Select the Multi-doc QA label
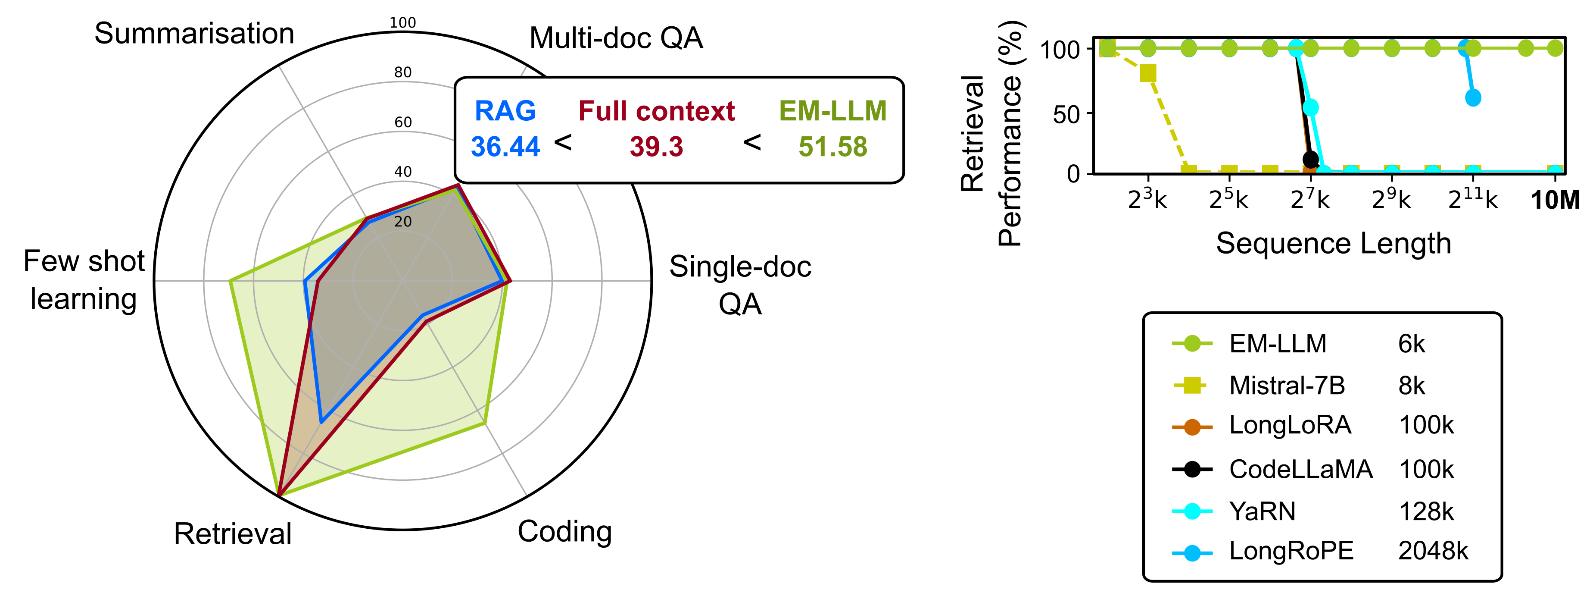coord(616,38)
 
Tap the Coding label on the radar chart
coord(564,532)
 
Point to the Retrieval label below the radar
coord(233,533)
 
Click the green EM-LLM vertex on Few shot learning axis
coord(230,282)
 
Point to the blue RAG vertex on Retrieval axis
coord(321,422)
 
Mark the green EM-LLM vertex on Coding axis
coord(484,423)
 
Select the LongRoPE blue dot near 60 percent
coord(1473,98)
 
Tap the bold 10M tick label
coord(1555,201)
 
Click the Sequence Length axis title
coord(1333,243)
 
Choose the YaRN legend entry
coord(1262,511)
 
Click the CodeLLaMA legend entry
coord(1300,469)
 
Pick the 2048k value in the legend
coord(1433,550)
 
